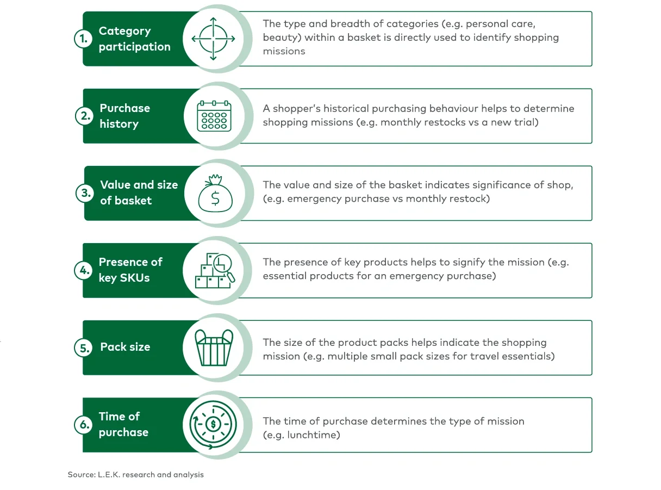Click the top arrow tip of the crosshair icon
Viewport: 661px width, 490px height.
click(x=213, y=18)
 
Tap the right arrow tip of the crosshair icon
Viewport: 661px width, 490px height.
click(x=234, y=39)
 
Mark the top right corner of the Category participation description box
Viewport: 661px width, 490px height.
click(x=592, y=12)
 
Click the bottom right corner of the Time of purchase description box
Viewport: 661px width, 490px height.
click(x=592, y=452)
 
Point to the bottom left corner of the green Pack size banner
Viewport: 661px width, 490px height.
click(x=83, y=375)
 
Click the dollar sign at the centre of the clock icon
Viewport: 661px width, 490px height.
click(x=213, y=424)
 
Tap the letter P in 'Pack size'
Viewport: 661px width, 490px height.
click(x=104, y=347)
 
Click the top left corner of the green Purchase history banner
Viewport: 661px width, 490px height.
click(x=84, y=89)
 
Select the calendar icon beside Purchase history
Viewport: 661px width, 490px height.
click(x=214, y=116)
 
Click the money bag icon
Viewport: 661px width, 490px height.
click(x=215, y=193)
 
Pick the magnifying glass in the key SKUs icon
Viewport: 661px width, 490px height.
click(x=225, y=267)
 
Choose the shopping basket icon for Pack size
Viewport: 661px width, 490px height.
click(x=214, y=348)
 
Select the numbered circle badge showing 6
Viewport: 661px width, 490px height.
click(x=84, y=424)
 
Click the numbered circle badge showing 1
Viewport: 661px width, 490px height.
click(x=84, y=39)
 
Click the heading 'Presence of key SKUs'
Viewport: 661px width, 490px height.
click(x=130, y=270)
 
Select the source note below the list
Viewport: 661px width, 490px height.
click(x=135, y=474)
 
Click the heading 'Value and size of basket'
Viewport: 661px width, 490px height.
click(x=139, y=193)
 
